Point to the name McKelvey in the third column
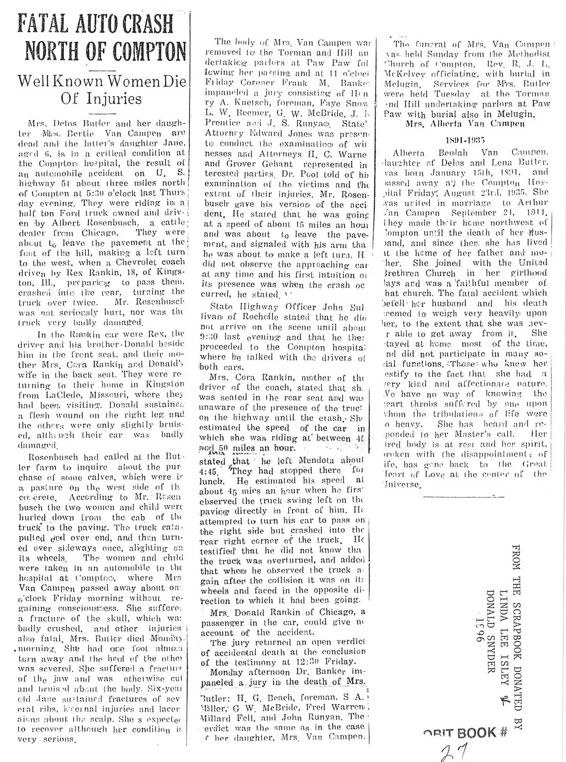click(402, 74)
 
